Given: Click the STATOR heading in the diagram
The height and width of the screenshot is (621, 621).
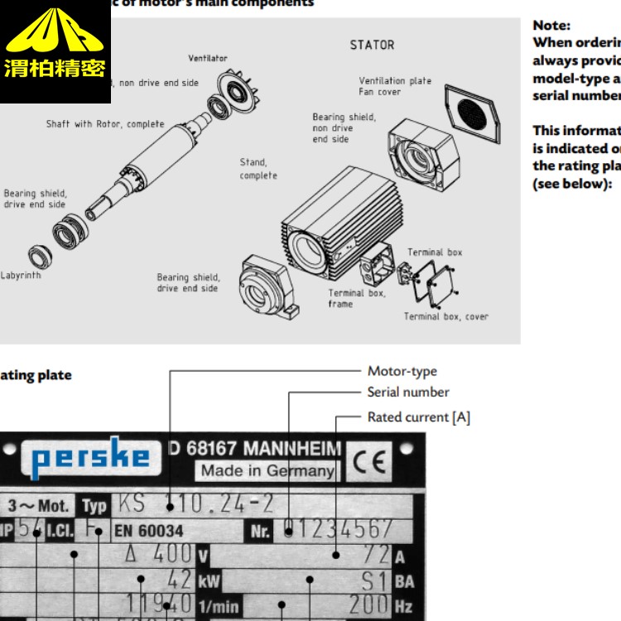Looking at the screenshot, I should point(372,45).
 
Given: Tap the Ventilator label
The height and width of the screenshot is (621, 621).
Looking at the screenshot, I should point(207,59).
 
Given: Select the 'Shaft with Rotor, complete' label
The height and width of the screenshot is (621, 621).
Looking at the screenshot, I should point(104,124).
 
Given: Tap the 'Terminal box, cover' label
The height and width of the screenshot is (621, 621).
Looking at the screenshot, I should point(445,316).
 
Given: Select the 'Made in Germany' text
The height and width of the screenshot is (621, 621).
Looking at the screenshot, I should point(267,471).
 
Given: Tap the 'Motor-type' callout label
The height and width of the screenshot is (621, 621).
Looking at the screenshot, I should point(402,372).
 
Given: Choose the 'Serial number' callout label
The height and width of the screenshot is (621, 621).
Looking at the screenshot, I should point(408,392).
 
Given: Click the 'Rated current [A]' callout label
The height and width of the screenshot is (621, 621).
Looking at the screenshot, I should point(418,417).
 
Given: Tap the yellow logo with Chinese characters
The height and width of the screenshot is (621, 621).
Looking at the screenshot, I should point(55,51).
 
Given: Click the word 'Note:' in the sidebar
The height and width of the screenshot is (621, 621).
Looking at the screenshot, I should point(551,26).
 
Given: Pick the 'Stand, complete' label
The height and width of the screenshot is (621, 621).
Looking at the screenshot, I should point(258,169).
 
